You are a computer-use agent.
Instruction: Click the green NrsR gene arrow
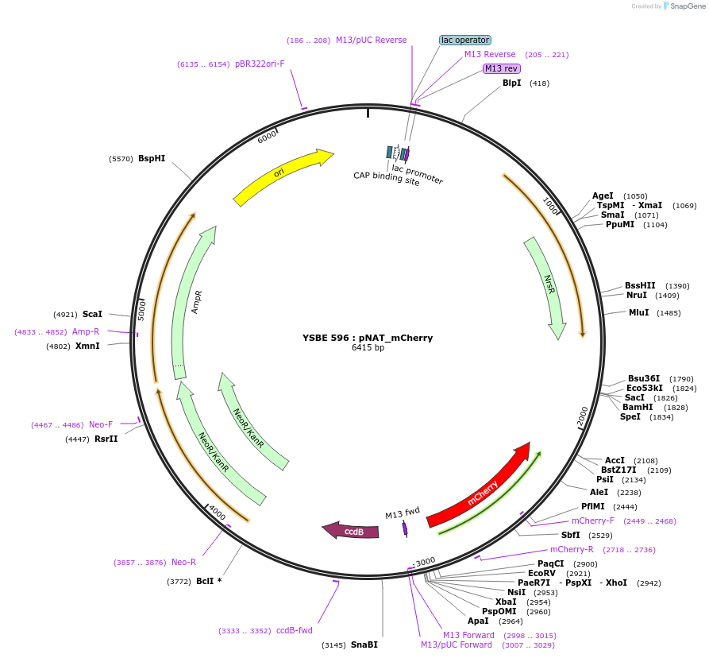point(547,286)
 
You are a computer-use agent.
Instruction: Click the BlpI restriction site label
point(512,83)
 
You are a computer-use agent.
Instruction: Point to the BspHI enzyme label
point(152,159)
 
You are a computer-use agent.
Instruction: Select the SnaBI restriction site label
point(364,645)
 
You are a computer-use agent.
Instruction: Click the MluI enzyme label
point(639,312)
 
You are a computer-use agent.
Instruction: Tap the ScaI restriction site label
point(93,314)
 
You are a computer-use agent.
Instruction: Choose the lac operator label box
point(465,40)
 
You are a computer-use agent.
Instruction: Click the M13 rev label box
point(501,68)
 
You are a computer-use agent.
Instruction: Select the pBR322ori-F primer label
point(260,64)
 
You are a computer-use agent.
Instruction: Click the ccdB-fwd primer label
point(295,631)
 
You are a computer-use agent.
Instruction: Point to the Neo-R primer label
point(183,562)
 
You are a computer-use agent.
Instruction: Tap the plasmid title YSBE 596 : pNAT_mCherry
point(368,338)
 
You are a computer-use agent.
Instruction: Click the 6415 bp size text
point(368,348)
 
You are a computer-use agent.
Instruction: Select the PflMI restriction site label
point(592,506)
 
